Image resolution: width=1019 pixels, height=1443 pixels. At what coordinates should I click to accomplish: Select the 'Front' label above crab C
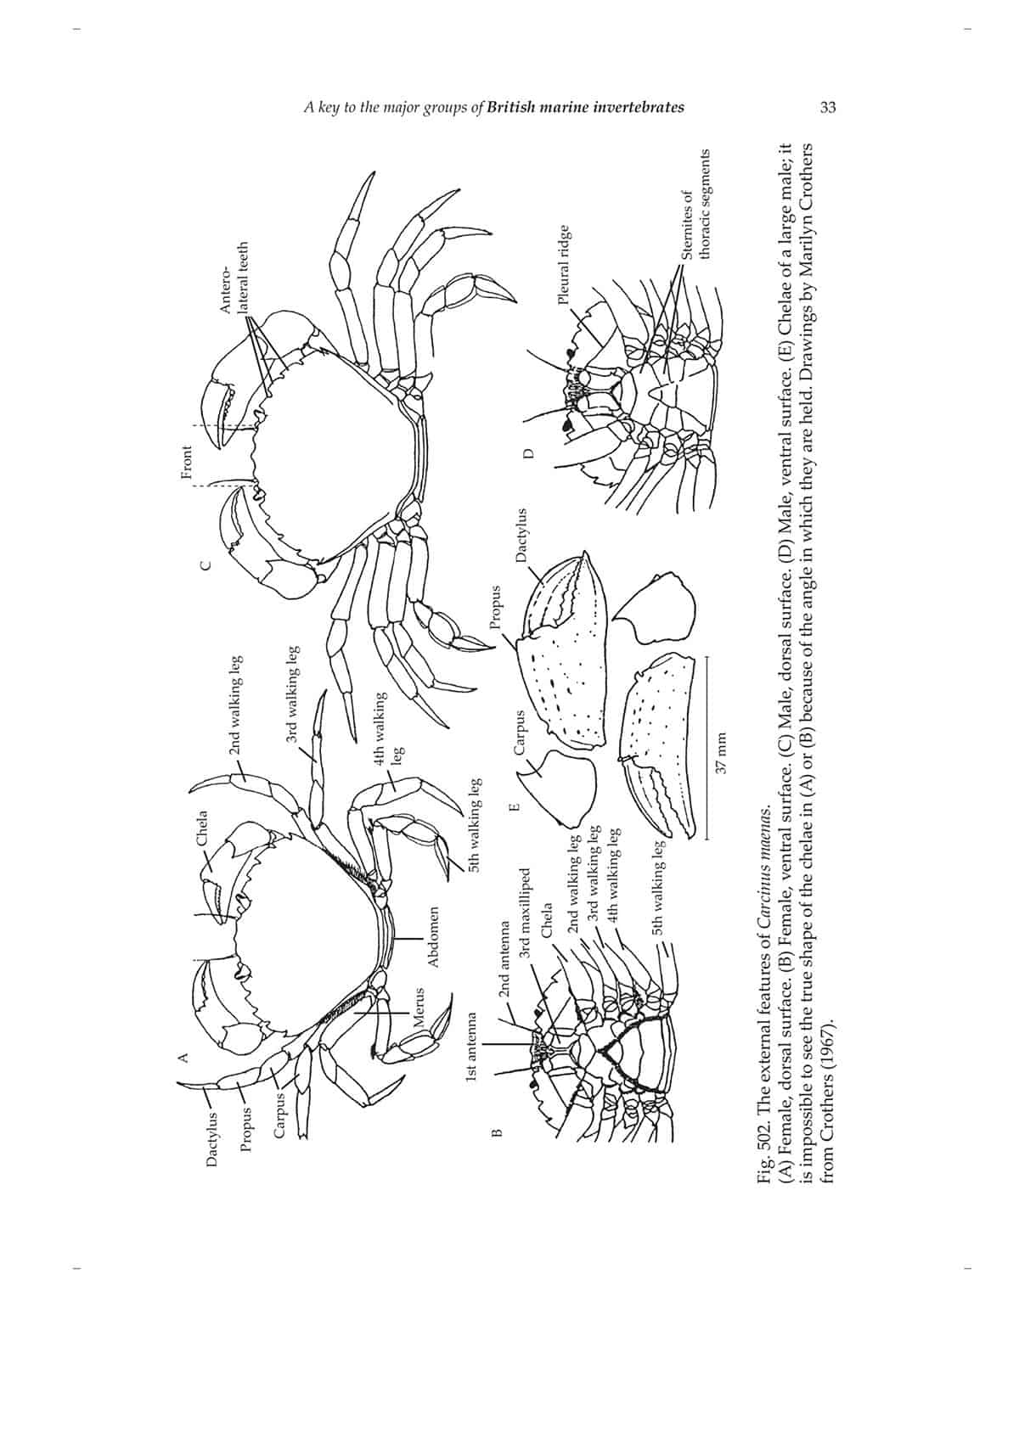[187, 463]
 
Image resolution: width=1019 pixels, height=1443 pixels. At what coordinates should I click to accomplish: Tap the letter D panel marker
[527, 454]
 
